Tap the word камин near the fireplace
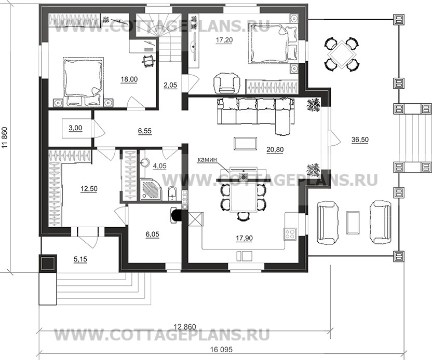(207, 161)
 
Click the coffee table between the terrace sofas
(353, 222)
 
